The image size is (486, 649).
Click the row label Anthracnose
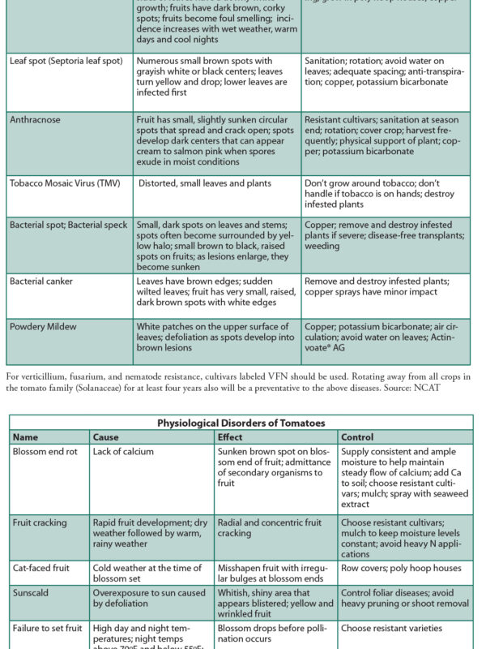(35, 119)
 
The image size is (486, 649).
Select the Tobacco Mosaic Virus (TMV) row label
(65, 183)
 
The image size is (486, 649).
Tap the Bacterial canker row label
(41, 281)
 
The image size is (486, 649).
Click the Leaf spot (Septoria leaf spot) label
(66, 61)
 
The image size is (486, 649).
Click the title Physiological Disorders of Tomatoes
(241, 423)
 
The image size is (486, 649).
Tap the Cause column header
(106, 437)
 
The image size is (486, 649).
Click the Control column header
(358, 437)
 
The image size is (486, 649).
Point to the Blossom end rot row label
(45, 452)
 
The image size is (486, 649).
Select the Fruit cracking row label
(40, 523)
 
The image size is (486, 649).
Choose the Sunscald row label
(32, 593)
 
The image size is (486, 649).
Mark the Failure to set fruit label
(47, 628)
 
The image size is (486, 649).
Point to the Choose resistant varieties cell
(392, 628)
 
